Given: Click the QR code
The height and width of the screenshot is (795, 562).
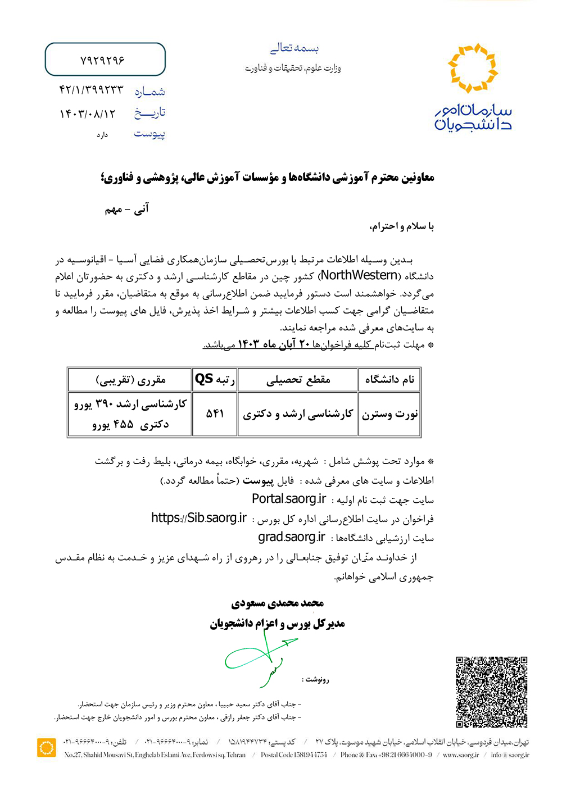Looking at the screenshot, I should (x=491, y=692).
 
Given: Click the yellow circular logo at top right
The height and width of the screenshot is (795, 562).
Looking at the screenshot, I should (x=473, y=68).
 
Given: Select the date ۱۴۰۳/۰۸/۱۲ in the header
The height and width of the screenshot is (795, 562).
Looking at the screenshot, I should (x=88, y=114).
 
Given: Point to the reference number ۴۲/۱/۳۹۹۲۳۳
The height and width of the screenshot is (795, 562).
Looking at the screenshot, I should (x=91, y=90).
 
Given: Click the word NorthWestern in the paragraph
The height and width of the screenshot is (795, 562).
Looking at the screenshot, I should (x=359, y=275).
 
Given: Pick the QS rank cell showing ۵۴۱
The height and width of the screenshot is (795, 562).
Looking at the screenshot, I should (x=215, y=414).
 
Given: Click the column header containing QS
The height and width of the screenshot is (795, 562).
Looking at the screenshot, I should (x=215, y=380).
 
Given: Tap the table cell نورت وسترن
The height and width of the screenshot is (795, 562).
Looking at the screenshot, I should (x=389, y=414).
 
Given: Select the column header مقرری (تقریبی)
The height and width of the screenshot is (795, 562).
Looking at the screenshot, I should (x=130, y=380).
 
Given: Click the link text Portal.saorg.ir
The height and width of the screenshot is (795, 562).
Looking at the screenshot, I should (x=289, y=499).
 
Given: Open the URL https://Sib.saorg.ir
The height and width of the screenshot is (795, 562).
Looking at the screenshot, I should (x=199, y=518).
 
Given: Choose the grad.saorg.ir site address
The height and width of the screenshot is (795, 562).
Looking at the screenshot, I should (x=292, y=537).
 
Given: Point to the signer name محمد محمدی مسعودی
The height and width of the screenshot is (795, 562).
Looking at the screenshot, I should (x=278, y=603).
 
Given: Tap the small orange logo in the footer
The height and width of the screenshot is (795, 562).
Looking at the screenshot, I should (x=46, y=748).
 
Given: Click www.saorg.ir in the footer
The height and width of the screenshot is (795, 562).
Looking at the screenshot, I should (x=461, y=755).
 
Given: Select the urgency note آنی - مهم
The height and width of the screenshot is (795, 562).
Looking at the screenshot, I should (x=127, y=209).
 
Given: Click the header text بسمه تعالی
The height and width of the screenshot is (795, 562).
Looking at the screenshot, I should (x=294, y=48).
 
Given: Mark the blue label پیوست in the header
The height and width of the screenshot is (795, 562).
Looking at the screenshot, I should (x=149, y=134).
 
